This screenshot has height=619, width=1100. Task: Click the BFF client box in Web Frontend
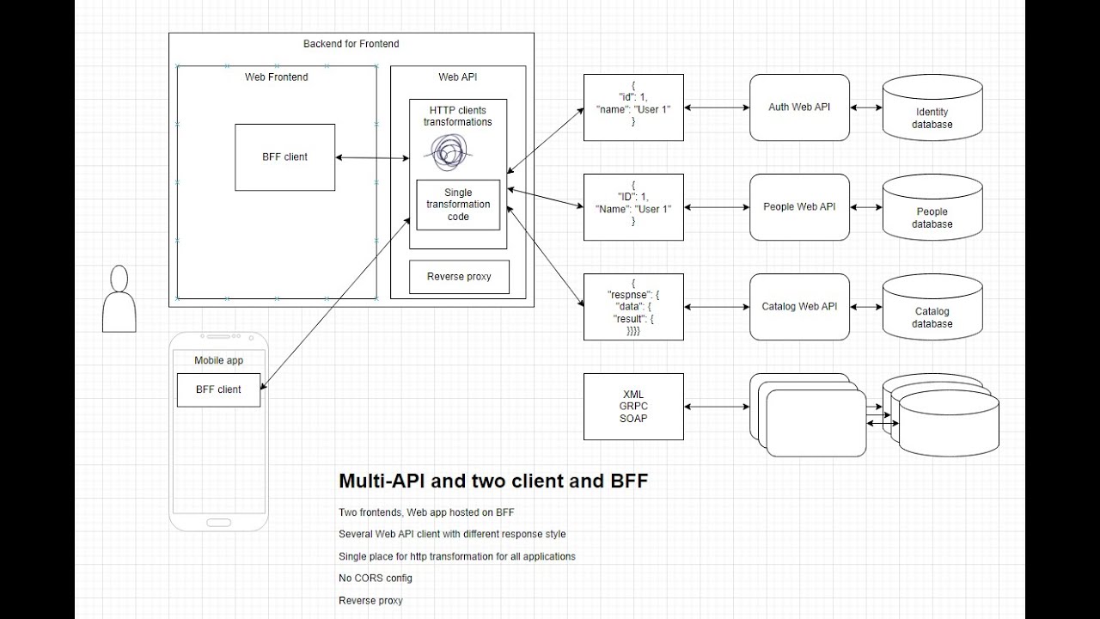[x=284, y=157]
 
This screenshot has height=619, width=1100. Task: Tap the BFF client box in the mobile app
[x=218, y=389]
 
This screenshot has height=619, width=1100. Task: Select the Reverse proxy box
[x=458, y=277]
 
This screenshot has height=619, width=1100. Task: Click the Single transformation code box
[x=458, y=205]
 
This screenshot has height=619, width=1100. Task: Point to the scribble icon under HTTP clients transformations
[x=448, y=154]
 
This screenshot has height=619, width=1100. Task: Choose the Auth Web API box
[x=799, y=107]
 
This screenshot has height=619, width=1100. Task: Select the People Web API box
[x=799, y=207]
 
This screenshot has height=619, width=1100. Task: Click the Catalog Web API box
[x=799, y=307]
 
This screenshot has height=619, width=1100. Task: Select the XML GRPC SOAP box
[x=633, y=407]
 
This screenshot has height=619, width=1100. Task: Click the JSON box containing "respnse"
[x=633, y=307]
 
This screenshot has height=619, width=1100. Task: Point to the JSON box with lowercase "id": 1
[x=633, y=107]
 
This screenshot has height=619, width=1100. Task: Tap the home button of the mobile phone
[x=218, y=521]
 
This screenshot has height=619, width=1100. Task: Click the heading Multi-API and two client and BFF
[x=492, y=481]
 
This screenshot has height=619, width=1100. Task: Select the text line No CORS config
[x=376, y=579]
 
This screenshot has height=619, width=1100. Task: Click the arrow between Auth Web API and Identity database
[x=866, y=108]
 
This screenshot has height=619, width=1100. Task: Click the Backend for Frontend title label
[x=351, y=44]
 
